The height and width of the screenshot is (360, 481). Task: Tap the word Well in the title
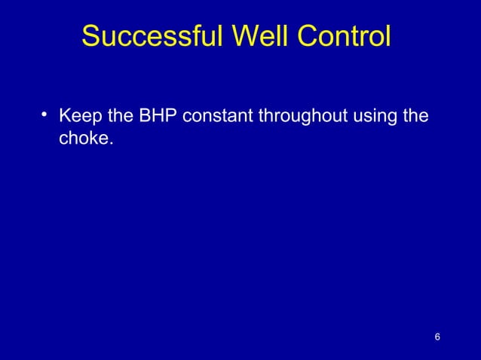click(255, 36)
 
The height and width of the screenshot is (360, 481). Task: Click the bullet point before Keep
click(46, 114)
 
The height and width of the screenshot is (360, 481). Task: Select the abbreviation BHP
click(159, 117)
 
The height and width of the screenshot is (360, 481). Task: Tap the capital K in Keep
click(65, 117)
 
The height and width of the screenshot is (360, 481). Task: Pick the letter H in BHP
click(159, 117)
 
